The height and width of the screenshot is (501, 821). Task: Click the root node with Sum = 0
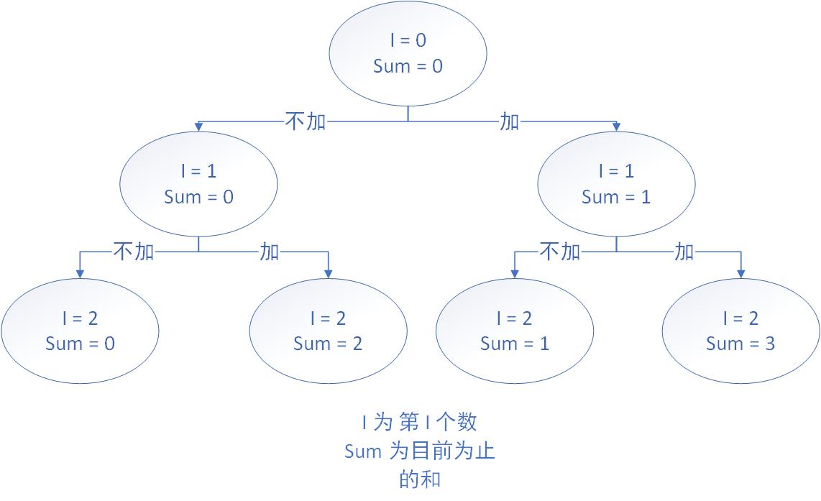pyautogui.click(x=408, y=53)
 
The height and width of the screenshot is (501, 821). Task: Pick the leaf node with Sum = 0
pyautogui.click(x=80, y=331)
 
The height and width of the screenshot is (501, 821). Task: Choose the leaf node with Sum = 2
pyautogui.click(x=328, y=331)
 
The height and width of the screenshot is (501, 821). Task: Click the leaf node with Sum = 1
pyautogui.click(x=515, y=331)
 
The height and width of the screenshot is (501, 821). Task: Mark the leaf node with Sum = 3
pyautogui.click(x=740, y=331)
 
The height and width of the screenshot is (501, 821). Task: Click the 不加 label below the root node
pyautogui.click(x=306, y=121)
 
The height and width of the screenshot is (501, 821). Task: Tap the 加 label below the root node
pyautogui.click(x=509, y=121)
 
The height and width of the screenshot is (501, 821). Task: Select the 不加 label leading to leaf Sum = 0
pyautogui.click(x=134, y=252)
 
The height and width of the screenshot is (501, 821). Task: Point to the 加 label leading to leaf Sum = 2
pyautogui.click(x=270, y=252)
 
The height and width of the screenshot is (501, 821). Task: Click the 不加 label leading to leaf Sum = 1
pyautogui.click(x=559, y=252)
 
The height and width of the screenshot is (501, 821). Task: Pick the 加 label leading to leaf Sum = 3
pyautogui.click(x=684, y=252)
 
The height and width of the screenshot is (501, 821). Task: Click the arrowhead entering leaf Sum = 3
pyautogui.click(x=740, y=273)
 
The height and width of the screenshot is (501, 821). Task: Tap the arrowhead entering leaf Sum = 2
pyautogui.click(x=329, y=273)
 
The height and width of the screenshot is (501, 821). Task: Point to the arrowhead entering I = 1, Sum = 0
pyautogui.click(x=198, y=127)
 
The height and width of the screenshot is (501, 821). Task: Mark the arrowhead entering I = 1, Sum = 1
pyautogui.click(x=616, y=127)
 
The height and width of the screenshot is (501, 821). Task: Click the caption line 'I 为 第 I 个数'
pyautogui.click(x=419, y=421)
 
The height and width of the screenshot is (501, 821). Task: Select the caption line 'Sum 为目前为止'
pyautogui.click(x=419, y=451)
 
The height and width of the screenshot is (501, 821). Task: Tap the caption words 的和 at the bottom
pyautogui.click(x=419, y=479)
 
